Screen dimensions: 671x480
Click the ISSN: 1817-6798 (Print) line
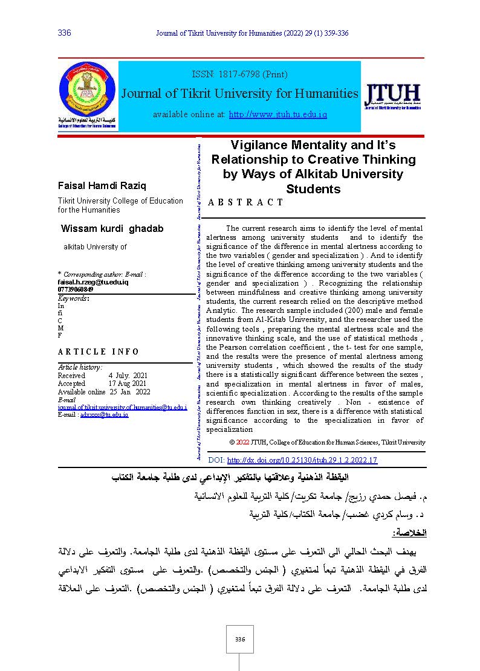239,74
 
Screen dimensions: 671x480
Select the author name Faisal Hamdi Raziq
102,185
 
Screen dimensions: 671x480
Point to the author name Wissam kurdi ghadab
112,228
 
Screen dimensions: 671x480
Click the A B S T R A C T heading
245,202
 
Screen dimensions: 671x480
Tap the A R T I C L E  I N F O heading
98,352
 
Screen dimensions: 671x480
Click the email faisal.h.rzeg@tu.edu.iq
92,282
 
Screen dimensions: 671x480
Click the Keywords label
73,298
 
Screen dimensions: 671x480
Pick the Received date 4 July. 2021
128,376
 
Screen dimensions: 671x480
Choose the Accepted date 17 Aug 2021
128,384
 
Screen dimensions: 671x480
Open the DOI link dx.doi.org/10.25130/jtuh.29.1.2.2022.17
302,460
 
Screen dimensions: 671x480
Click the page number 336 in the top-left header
64,33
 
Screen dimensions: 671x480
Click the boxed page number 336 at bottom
239,640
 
